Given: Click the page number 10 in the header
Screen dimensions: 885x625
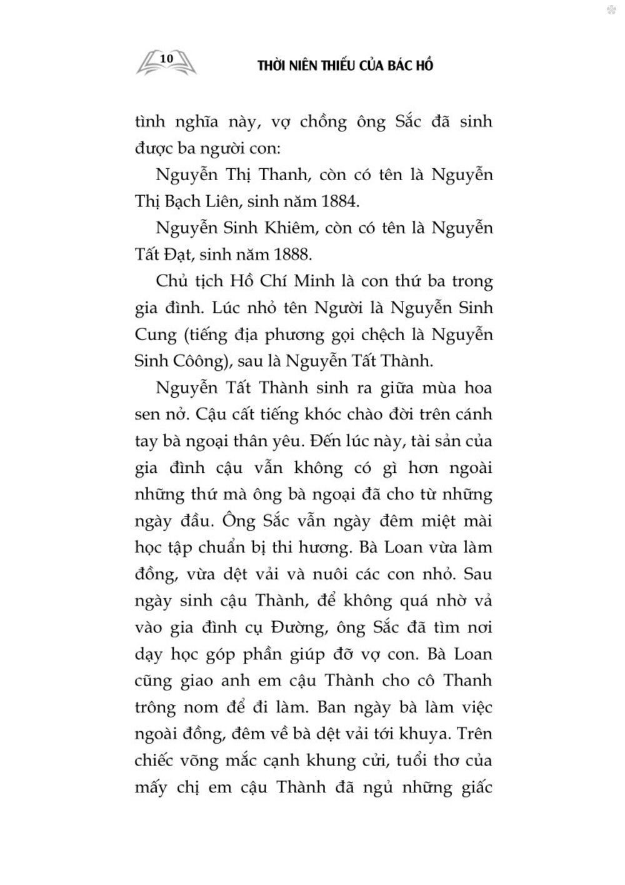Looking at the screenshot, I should (166, 58).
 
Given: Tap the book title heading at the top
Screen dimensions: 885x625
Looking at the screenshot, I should (346, 66).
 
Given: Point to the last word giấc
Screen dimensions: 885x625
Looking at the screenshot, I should (474, 787).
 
